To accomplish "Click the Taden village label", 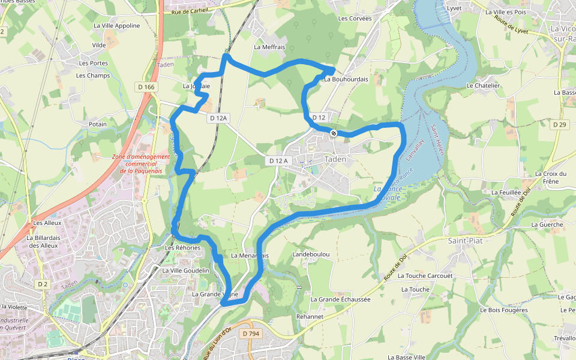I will (335, 159).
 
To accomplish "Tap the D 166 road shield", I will (146, 87).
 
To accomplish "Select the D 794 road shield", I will (250, 333).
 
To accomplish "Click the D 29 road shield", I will (559, 124).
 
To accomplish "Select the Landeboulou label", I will (311, 254).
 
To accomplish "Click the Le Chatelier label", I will (483, 86).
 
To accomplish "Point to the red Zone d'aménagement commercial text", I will (141, 164).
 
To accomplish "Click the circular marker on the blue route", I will (334, 133).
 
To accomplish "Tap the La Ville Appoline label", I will (116, 26).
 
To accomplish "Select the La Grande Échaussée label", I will (340, 299).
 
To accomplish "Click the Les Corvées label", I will (355, 19).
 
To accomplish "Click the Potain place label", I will (98, 124).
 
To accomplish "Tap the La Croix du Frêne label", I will (550, 178).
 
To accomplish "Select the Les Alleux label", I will (47, 223).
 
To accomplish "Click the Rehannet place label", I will (310, 316).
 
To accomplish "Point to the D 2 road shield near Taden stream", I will (42, 284).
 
